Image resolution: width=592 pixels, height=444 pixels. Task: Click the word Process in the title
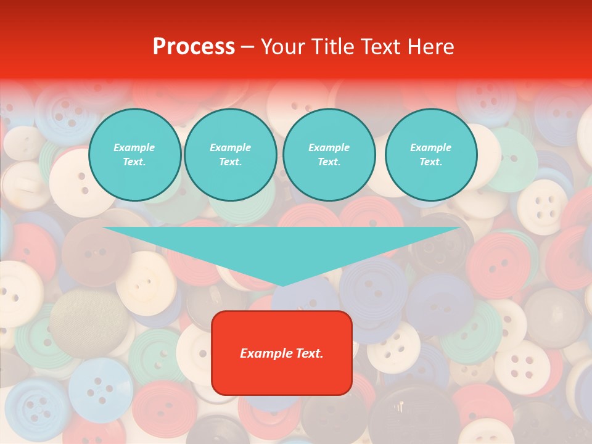[x=194, y=47]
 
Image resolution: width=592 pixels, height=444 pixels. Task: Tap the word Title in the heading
[x=332, y=47]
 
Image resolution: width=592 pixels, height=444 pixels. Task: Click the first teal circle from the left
[x=134, y=155]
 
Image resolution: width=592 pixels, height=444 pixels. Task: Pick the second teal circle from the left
[x=230, y=155]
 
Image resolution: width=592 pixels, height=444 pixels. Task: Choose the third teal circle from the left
[x=329, y=155]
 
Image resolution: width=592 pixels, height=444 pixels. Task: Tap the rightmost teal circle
[x=430, y=155]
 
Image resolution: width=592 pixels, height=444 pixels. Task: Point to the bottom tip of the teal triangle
[x=282, y=286]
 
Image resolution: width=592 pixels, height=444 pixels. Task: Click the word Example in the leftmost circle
[x=134, y=147]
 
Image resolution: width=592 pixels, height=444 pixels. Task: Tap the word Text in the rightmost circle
[x=430, y=162]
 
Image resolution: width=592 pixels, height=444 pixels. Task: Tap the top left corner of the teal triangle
[x=104, y=228]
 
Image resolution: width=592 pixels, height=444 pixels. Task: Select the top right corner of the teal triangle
[x=459, y=228]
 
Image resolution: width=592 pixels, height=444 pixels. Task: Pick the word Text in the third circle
[x=329, y=162]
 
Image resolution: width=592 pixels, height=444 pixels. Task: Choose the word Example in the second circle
[x=230, y=147]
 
